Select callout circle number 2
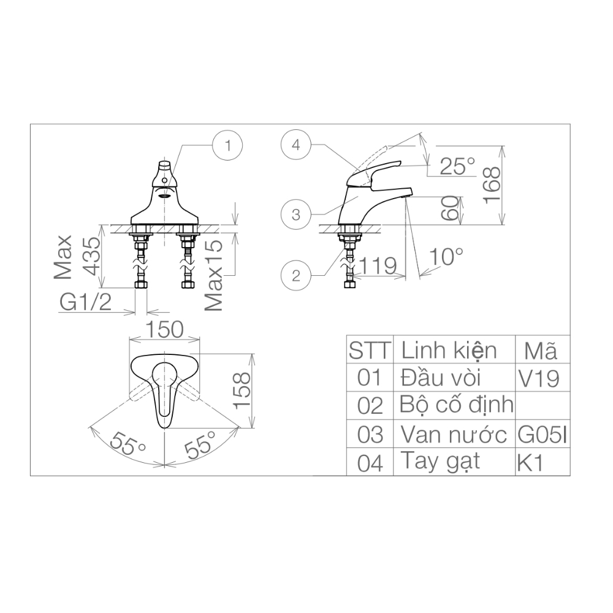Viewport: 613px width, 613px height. coord(296,275)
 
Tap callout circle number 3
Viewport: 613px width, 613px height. coord(296,215)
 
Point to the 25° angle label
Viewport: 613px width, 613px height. coord(457,166)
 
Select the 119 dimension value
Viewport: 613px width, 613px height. coord(379,265)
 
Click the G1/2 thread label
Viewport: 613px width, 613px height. coord(86,302)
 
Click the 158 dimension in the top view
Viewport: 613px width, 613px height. coord(243,391)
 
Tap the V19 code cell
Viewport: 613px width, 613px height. coord(539,379)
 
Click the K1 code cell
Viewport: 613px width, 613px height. coord(530,463)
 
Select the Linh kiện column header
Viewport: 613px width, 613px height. coord(449,351)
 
